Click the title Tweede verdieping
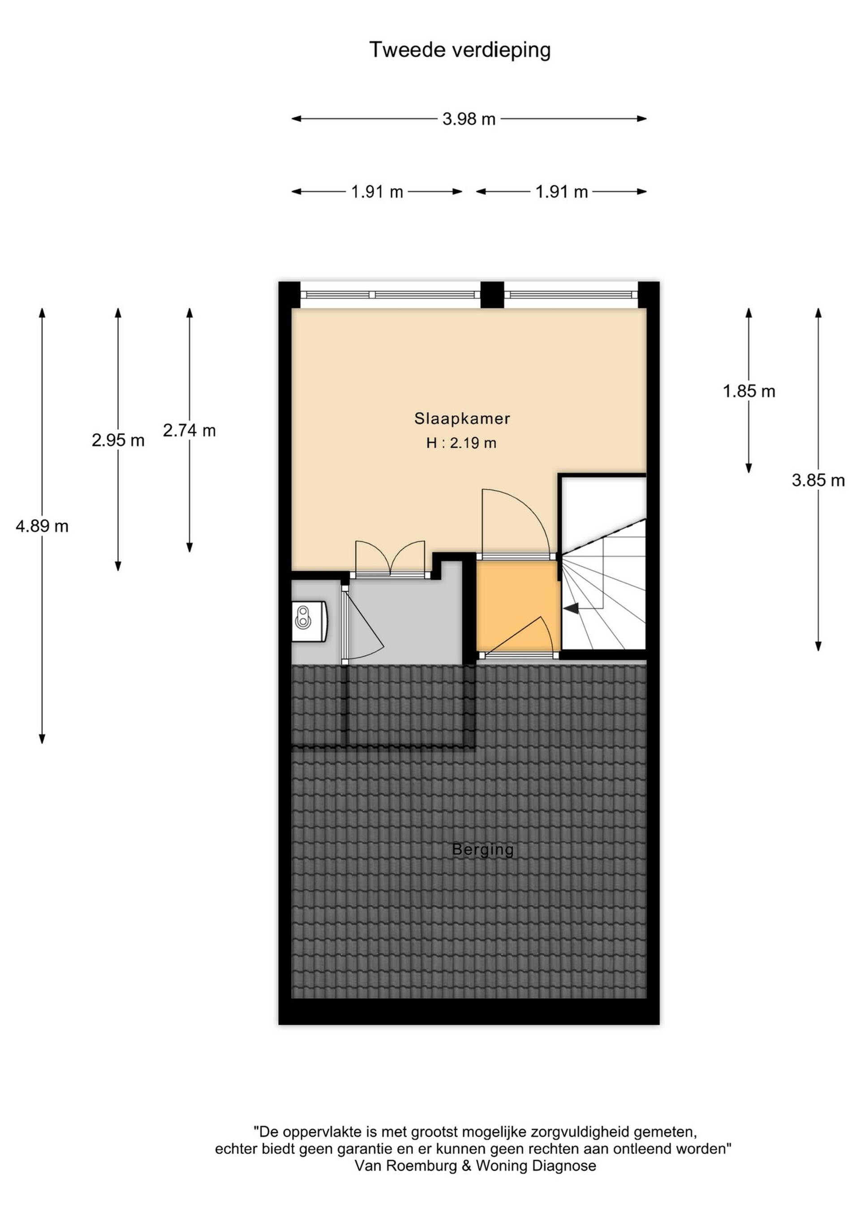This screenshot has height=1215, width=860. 460,50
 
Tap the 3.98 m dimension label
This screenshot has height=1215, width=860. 469,119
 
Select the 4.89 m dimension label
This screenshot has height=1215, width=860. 43,526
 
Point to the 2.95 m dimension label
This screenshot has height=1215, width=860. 118,440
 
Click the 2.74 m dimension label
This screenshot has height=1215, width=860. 189,430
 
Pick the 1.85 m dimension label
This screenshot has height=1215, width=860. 749,391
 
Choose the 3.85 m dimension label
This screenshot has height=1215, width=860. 818,480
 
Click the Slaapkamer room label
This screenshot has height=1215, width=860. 462,419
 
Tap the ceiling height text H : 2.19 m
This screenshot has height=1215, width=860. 461,443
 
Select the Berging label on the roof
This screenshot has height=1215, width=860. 482,850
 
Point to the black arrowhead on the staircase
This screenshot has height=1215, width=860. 571,609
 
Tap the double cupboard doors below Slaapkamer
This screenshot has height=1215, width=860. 390,559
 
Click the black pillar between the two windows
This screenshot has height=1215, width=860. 492,295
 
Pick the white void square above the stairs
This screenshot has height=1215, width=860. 603,498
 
